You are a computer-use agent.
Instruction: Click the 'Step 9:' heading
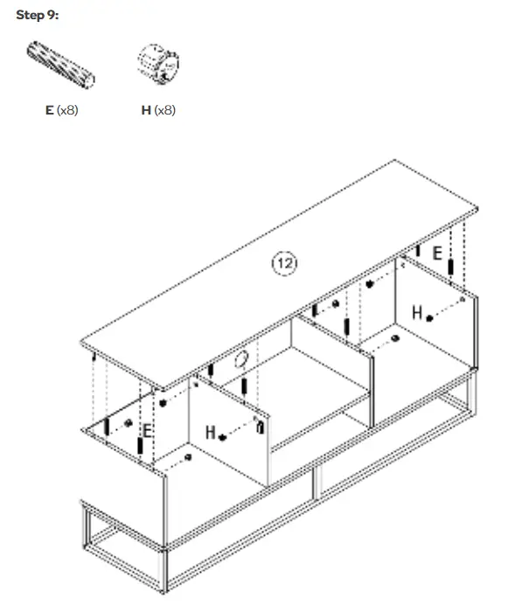click(x=37, y=17)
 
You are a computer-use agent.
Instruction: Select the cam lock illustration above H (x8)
click(x=159, y=64)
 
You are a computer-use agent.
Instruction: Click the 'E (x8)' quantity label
click(x=62, y=110)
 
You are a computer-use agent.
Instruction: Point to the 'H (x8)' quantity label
click(x=158, y=110)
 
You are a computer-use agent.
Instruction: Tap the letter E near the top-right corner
click(x=436, y=254)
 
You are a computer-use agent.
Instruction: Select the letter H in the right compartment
click(x=417, y=312)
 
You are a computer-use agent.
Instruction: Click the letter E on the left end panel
click(x=148, y=430)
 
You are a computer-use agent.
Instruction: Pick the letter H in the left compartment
click(x=210, y=432)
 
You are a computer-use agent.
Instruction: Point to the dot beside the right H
click(x=430, y=318)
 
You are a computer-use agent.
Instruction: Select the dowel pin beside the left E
click(x=140, y=445)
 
